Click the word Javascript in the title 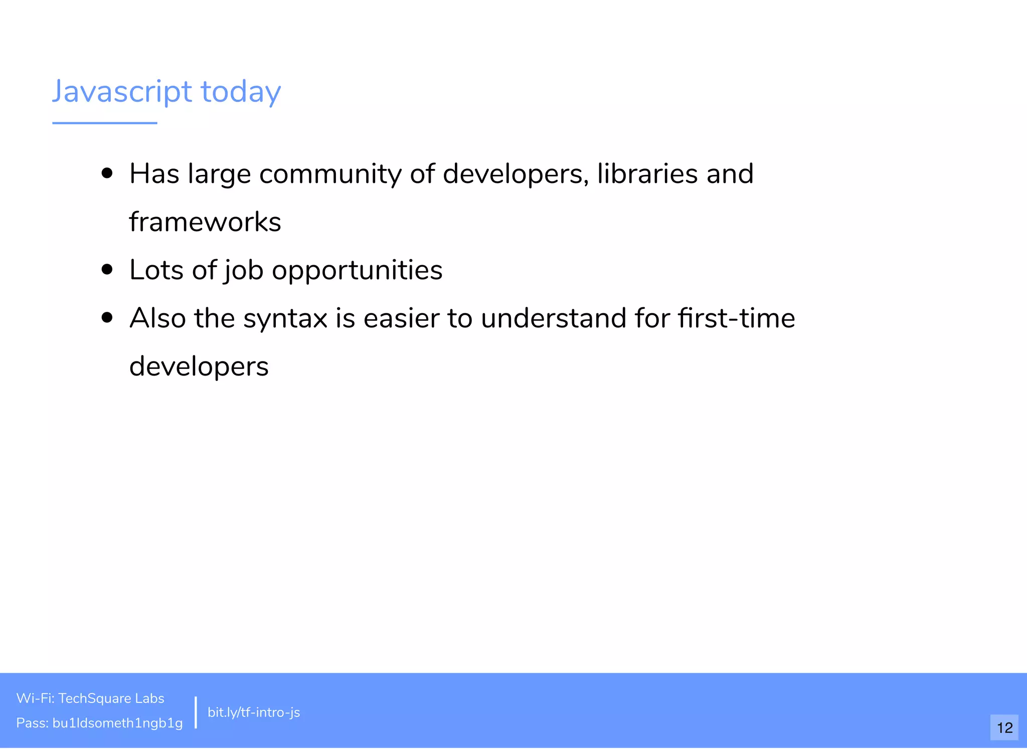click(x=122, y=92)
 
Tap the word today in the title click(x=241, y=92)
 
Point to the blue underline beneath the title click(x=104, y=123)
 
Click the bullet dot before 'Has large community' click(x=107, y=173)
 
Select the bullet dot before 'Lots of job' click(x=107, y=270)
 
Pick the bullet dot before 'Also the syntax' click(x=107, y=318)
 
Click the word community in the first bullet click(x=330, y=174)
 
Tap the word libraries click(x=647, y=174)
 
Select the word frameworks click(x=205, y=222)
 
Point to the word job click(x=244, y=271)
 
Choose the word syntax click(x=285, y=319)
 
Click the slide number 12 click(x=1004, y=727)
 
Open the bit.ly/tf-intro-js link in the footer click(x=254, y=712)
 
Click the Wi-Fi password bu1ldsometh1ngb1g click(x=117, y=723)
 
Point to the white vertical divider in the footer click(x=196, y=712)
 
